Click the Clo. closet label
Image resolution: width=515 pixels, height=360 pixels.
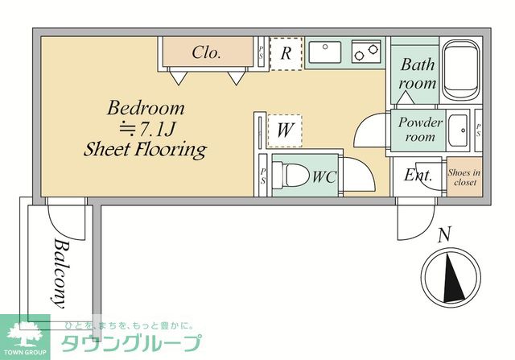point(207,54)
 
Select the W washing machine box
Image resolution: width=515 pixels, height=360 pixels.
point(284,130)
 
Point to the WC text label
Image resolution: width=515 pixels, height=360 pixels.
point(324,176)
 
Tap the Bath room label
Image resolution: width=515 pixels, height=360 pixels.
point(418,73)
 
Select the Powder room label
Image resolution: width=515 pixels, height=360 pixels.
point(420,130)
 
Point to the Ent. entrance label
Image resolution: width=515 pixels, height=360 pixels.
point(418,176)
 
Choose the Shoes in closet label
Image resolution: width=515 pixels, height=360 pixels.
point(464,177)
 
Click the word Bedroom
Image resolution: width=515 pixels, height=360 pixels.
point(146,107)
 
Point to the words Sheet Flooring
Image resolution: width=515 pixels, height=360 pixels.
point(145,149)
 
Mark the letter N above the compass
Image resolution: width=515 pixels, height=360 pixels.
point(443,235)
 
